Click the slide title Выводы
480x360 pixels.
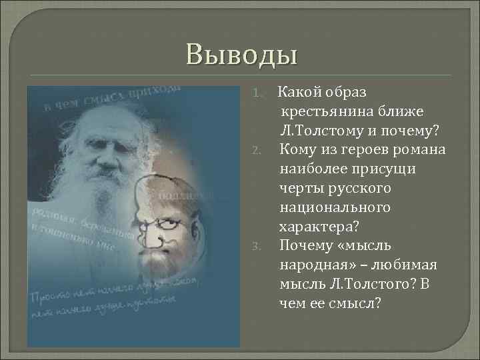pos(241,54)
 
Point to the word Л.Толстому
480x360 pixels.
pos(319,129)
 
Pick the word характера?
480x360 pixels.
pos(315,227)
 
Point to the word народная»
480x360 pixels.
pos(319,265)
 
